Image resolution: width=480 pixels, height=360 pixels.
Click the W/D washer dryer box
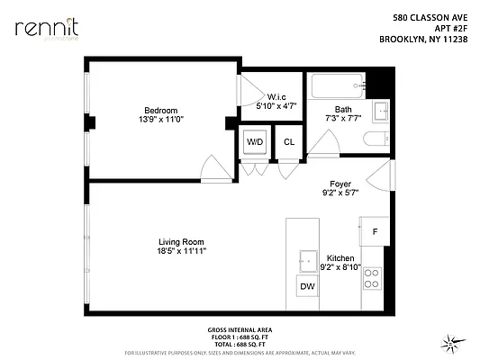[255, 142]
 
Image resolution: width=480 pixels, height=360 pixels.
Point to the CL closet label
[289, 142]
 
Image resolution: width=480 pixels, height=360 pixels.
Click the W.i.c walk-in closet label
[276, 98]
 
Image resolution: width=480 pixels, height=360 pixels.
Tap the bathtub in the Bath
[335, 88]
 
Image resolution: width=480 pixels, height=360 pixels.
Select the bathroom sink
[380, 111]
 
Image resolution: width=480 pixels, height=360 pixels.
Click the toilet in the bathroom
[377, 139]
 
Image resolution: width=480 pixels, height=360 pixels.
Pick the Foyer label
[340, 184]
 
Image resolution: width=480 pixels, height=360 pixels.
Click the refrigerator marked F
[374, 230]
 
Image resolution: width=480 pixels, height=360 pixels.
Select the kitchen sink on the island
[305, 255]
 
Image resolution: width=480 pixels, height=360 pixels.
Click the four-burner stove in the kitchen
[372, 282]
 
